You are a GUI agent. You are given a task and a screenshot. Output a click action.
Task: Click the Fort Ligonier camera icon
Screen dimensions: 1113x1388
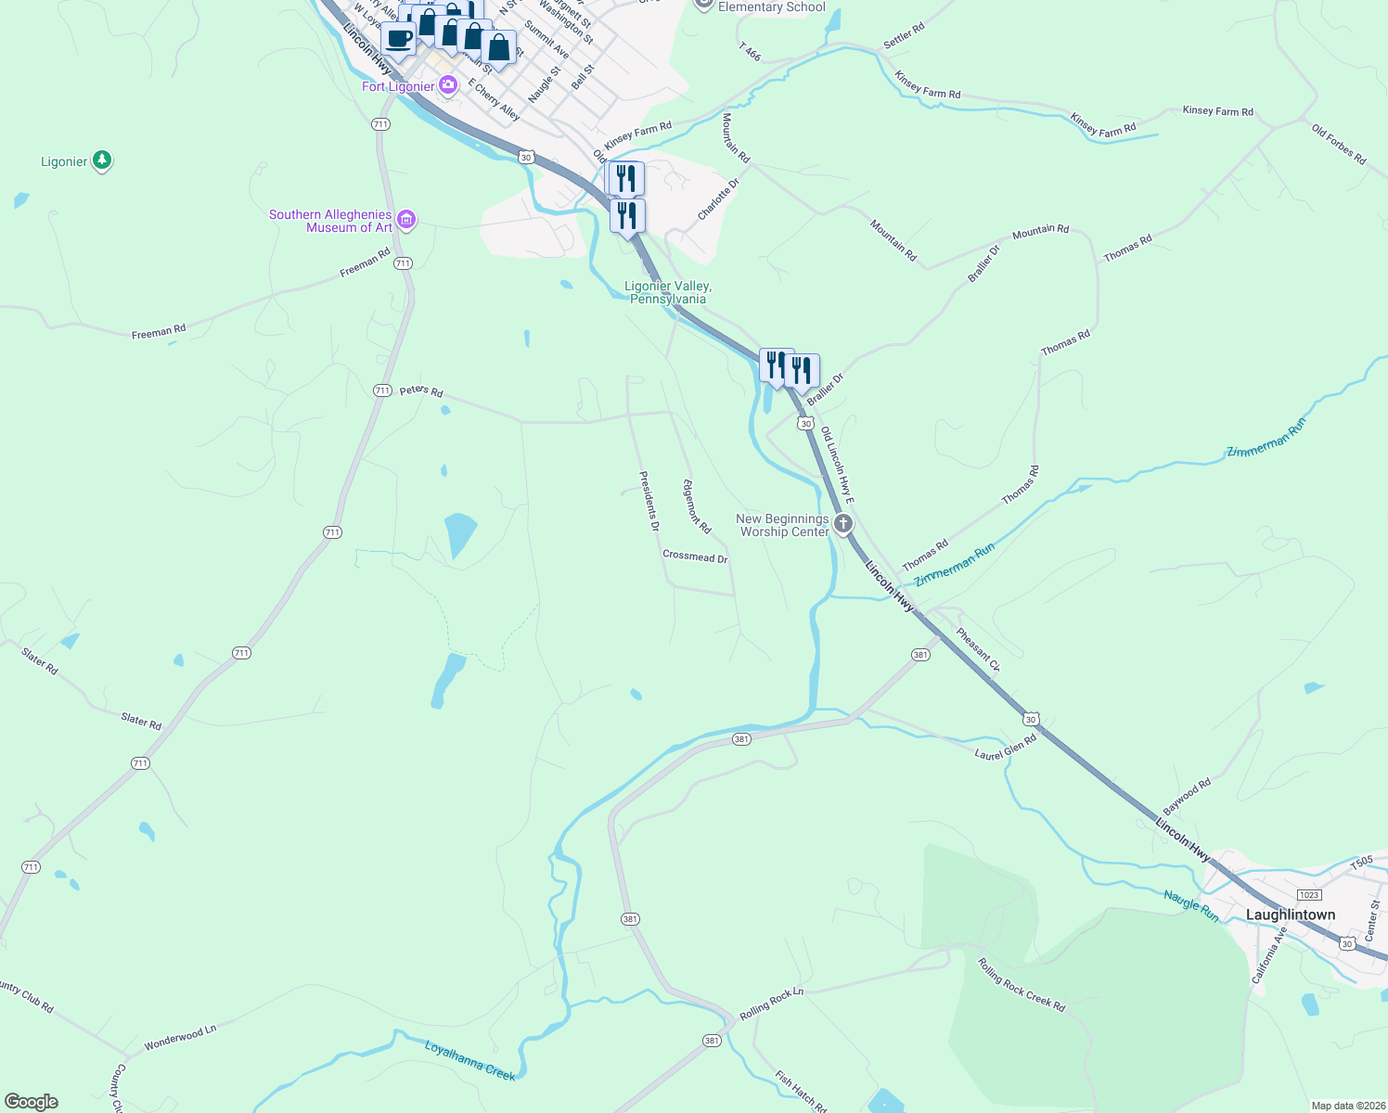pos(448,85)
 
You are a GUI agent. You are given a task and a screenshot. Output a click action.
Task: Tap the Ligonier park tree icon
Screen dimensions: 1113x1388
pos(102,161)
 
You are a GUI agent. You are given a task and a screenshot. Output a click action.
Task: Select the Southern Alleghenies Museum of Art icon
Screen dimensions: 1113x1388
pos(405,220)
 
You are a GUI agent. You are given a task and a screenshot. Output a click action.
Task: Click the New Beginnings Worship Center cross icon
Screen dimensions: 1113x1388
pos(842,524)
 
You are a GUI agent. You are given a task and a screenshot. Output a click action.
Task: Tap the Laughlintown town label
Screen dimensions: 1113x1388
pos(1290,915)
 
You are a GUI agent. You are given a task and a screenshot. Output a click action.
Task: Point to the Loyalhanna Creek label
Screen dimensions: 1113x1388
pos(469,1061)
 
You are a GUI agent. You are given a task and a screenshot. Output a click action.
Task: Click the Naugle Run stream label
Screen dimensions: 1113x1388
pos(1191,905)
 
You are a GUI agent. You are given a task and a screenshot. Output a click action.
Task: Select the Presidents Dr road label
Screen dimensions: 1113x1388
pos(649,501)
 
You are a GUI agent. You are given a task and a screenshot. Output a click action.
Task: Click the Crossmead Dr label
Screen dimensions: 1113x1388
pos(695,557)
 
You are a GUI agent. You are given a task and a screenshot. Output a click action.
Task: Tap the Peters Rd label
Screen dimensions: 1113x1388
pos(421,390)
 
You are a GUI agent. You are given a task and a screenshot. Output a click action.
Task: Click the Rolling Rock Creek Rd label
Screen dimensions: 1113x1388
pos(1022,984)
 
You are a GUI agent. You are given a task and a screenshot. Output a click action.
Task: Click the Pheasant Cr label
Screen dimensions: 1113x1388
pos(978,650)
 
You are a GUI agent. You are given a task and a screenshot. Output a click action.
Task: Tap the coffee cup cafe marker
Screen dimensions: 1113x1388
pos(399,39)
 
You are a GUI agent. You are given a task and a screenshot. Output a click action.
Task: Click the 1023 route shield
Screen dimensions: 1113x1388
pos(1308,895)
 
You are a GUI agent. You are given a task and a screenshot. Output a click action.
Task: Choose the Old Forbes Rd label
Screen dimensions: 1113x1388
pos(1339,145)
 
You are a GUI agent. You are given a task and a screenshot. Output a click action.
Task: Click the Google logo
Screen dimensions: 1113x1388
pos(32,1102)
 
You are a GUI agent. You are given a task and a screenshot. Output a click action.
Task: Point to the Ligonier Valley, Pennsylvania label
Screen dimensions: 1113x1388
pos(668,292)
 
